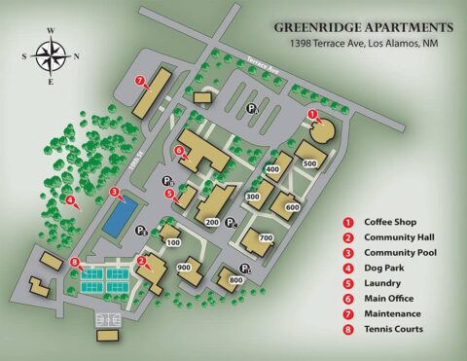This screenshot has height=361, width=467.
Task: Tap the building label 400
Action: [x=272, y=169]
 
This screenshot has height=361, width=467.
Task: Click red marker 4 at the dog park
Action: [x=70, y=201]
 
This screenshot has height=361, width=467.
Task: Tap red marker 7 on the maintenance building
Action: [x=140, y=80]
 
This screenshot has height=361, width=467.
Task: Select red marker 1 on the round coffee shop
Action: [x=312, y=115]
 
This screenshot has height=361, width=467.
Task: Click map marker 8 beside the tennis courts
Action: [x=75, y=261]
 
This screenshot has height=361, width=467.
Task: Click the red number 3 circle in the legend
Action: [x=347, y=252]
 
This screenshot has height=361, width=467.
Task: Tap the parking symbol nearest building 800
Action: [x=248, y=269]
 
